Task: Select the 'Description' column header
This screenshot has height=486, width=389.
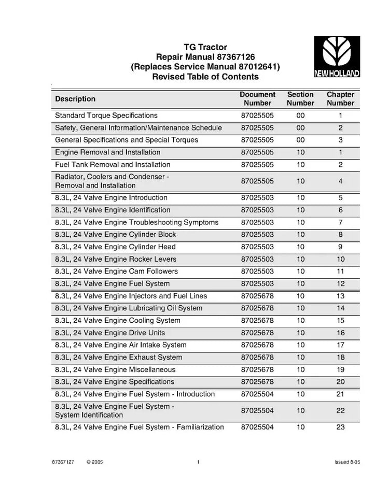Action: (75, 99)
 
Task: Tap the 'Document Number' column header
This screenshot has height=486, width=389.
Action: (258, 99)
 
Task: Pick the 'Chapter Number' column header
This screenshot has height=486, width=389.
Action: (340, 99)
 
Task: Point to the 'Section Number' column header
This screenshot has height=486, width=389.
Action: (300, 99)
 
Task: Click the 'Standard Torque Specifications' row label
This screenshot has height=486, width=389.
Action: (106, 116)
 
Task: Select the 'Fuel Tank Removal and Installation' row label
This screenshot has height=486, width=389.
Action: (113, 165)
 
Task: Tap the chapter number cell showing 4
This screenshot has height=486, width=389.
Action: (340, 181)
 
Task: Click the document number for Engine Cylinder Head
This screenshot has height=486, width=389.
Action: (258, 247)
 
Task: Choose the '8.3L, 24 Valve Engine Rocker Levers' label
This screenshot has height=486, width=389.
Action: (116, 259)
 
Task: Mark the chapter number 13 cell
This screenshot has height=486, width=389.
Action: (340, 296)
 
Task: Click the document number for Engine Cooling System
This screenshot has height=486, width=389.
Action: (258, 321)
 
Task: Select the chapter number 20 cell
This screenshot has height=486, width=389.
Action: (340, 382)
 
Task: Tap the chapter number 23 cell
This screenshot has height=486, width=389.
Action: (340, 427)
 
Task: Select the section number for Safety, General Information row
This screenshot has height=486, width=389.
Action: (300, 128)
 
